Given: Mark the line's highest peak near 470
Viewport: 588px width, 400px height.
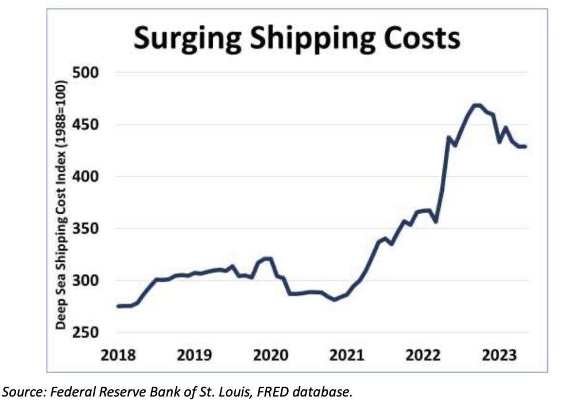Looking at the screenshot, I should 476,104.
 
